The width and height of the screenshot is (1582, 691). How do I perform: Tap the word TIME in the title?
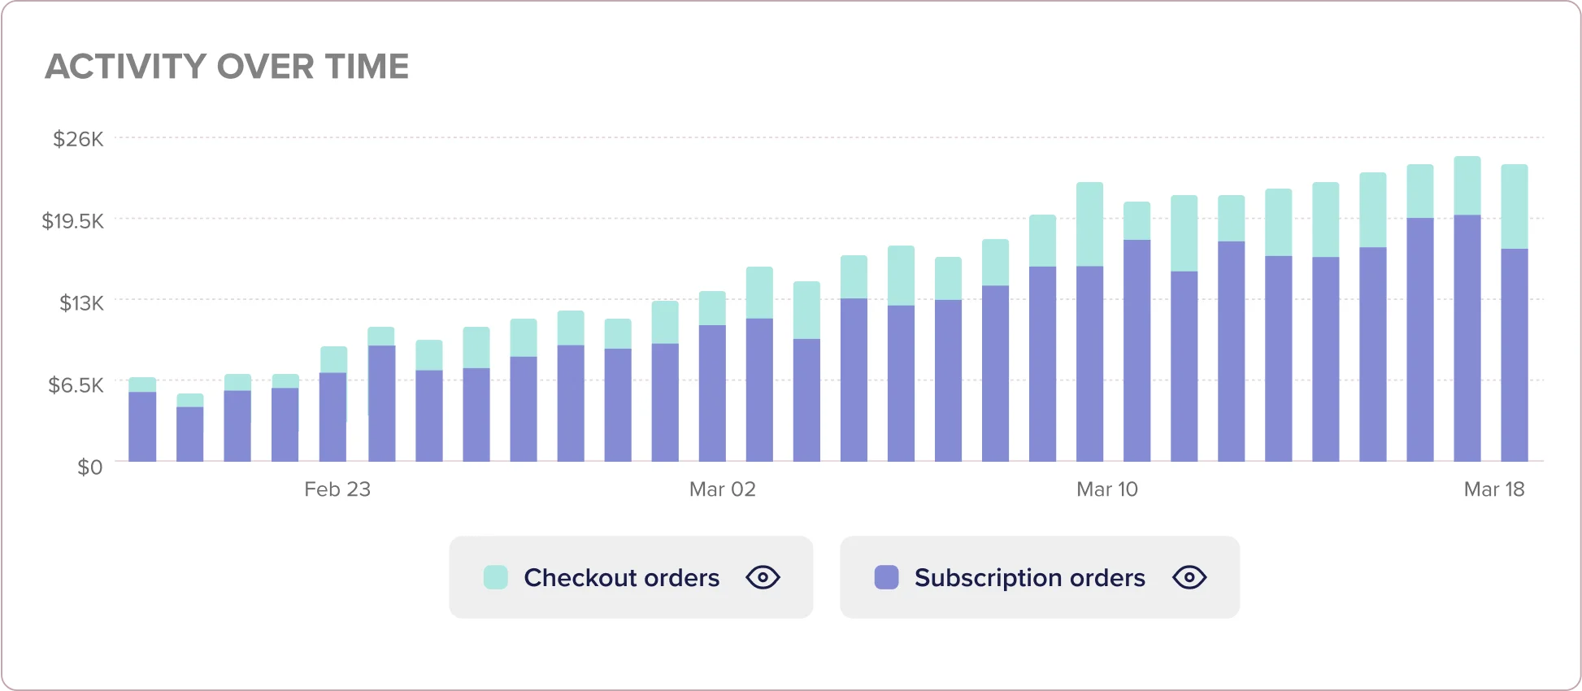coord(367,67)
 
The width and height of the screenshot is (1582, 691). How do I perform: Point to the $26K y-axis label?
coord(78,139)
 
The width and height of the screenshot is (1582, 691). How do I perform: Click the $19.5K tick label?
coord(73,220)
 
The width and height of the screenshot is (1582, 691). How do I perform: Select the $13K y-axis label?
coord(81,303)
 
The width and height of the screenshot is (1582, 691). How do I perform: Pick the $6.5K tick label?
coord(76,385)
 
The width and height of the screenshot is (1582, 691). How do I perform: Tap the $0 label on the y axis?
coord(89,467)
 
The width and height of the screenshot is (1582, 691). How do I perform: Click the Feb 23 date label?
coord(337,489)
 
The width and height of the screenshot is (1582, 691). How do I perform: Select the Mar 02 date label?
coord(723,489)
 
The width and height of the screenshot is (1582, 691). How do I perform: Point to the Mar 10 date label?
coord(1107,489)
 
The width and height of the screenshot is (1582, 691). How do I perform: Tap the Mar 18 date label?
coord(1494,489)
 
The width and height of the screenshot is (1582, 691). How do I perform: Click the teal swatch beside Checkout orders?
coord(496,577)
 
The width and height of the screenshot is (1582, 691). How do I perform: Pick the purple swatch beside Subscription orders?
coord(886,577)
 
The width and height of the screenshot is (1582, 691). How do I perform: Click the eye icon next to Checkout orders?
coord(763,577)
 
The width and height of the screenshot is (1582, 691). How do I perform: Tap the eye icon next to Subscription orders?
coord(1189,577)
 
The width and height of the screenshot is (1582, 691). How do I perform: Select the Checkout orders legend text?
coord(621,577)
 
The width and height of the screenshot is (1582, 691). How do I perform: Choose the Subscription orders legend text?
coord(1029,577)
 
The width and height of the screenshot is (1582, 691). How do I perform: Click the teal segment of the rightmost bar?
coord(1515,206)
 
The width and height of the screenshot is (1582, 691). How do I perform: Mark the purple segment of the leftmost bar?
coord(142,427)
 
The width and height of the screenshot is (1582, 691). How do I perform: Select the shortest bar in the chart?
coord(190,428)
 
